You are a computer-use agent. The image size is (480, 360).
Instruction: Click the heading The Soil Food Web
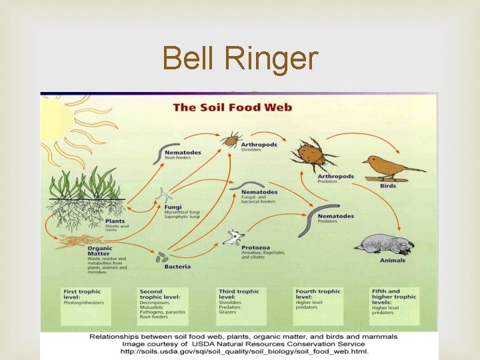[x=232, y=107]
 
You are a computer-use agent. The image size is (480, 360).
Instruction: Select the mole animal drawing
[x=385, y=244]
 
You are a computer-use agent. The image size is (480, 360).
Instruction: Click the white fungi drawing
[x=163, y=195]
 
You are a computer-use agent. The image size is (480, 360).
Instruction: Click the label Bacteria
[x=177, y=267]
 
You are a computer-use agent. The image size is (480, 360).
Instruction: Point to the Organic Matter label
[x=100, y=251]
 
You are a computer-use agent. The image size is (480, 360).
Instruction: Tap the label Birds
[x=388, y=186]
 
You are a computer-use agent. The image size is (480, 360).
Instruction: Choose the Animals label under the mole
[x=393, y=261]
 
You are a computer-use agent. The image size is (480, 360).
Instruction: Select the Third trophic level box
[x=241, y=306]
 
